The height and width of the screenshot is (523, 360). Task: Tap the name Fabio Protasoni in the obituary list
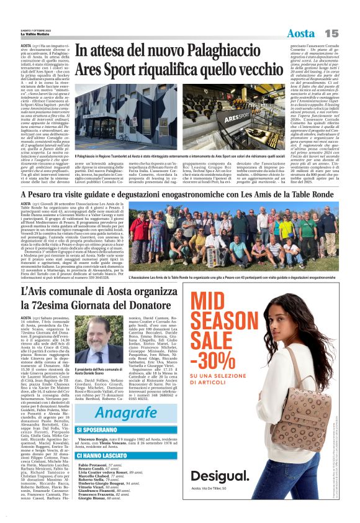point(94,465)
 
